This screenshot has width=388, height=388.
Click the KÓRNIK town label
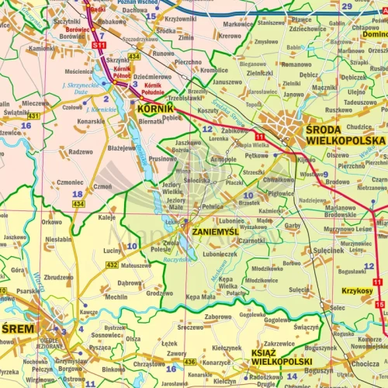tap(154, 109)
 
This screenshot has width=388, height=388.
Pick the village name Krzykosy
tap(357, 290)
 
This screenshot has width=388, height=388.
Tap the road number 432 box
tap(112, 265)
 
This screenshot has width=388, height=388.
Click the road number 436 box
tap(190, 362)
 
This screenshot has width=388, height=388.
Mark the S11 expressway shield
tap(99, 47)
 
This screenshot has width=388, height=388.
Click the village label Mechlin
tap(116, 296)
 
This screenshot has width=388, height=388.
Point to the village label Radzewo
tap(81, 152)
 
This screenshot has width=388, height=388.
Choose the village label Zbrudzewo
tap(59, 277)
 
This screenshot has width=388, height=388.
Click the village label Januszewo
tap(227, 81)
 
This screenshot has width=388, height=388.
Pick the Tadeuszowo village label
tap(360, 102)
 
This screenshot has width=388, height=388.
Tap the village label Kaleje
tap(106, 218)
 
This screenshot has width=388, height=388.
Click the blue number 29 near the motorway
tap(347, 6)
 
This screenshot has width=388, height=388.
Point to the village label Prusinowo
tap(162, 158)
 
